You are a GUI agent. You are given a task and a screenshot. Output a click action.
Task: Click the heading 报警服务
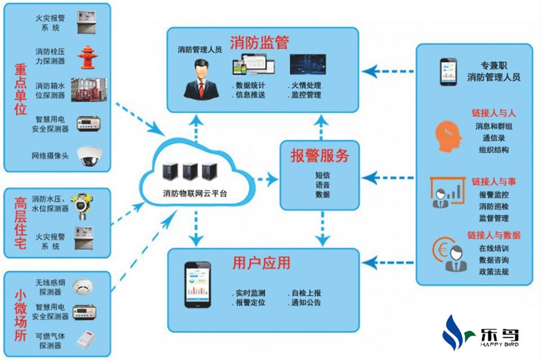(x=319, y=155)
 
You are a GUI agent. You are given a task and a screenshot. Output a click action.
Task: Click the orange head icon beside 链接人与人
(x=445, y=132)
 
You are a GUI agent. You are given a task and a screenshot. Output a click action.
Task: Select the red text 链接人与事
(x=494, y=182)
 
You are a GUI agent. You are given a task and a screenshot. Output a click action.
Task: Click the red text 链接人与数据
(x=494, y=235)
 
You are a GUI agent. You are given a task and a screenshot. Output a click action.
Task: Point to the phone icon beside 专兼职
(x=447, y=71)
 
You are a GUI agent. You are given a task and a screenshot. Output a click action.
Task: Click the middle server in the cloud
(x=190, y=172)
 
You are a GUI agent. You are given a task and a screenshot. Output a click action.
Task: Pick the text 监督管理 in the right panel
(x=494, y=218)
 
